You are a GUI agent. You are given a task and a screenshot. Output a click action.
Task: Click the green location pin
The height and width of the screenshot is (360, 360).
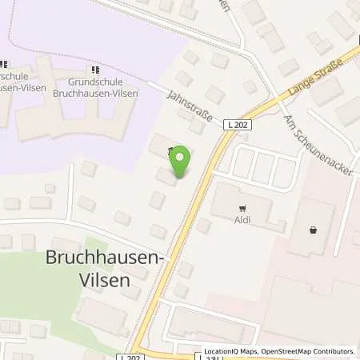click(x=181, y=160)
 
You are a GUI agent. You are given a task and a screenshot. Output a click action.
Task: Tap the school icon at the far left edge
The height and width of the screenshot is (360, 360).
click(x=3, y=64)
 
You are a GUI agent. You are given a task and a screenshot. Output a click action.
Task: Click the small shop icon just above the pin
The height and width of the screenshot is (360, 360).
click(x=169, y=150)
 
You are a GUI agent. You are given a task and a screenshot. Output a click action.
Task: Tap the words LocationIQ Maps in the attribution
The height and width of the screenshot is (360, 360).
click(x=227, y=351)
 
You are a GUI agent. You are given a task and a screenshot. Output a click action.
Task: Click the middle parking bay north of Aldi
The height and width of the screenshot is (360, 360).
click(x=263, y=166)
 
